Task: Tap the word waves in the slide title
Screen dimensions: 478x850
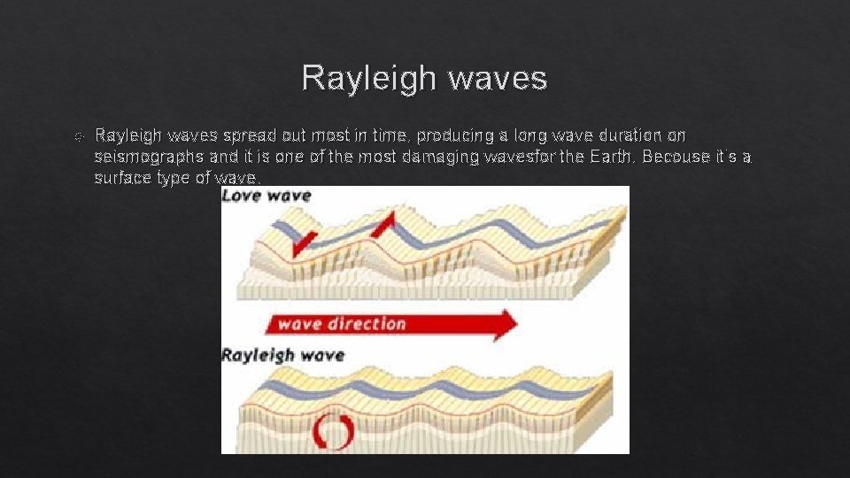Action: point(498,79)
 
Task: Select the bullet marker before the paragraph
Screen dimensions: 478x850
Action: point(79,137)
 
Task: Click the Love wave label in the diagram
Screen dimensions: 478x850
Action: point(267,195)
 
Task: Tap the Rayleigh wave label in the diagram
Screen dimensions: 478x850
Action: point(282,356)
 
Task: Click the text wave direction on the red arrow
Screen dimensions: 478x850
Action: point(343,324)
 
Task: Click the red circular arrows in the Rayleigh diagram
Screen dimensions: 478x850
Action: point(334,431)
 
